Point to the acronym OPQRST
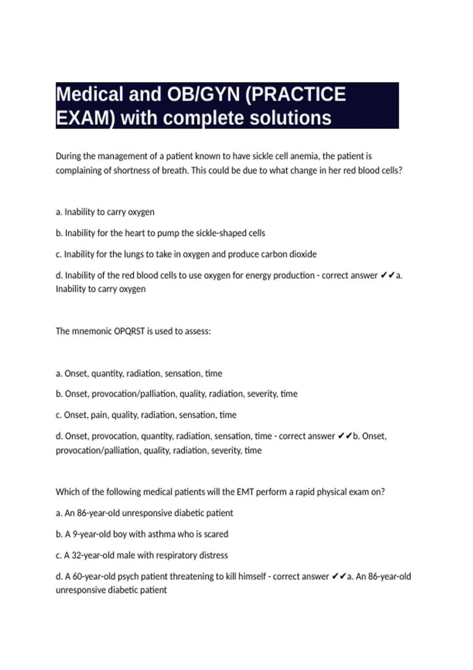coord(129,331)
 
